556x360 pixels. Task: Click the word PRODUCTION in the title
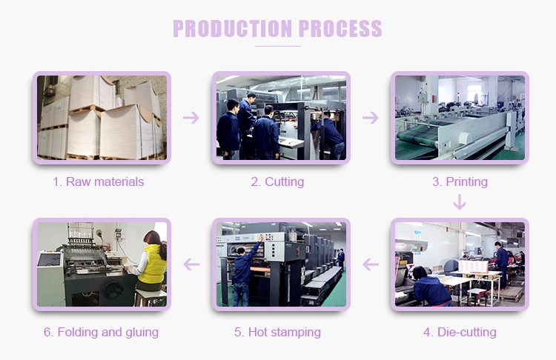pos(233,28)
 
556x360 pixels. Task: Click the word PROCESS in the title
pos(340,28)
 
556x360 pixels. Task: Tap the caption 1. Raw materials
pos(98,181)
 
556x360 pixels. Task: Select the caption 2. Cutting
pos(277,181)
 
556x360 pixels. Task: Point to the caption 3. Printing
pos(460,181)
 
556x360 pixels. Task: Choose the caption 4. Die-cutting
pos(460,332)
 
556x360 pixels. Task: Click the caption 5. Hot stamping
pos(277,332)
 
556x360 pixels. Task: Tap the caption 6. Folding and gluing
pos(101,332)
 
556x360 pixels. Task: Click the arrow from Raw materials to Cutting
pos(191,118)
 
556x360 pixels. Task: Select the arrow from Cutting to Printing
pos(371,118)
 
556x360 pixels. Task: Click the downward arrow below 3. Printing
pos(460,202)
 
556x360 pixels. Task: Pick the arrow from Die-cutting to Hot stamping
pos(371,264)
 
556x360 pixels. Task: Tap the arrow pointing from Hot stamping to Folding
pos(191,264)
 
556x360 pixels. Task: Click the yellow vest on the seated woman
pos(153,264)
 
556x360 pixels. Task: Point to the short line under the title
pos(278,46)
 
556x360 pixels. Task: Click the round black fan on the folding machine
pos(113,290)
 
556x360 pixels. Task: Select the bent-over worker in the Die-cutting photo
pos(430,287)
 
